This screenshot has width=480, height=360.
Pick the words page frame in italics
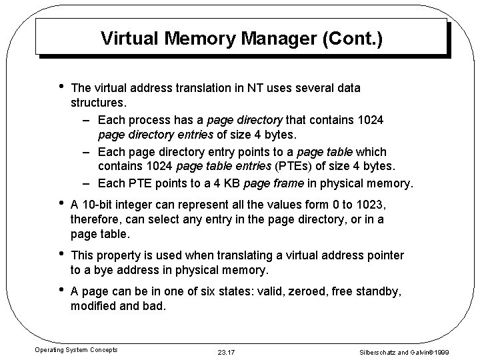tap(273, 182)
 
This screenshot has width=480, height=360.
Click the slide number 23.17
tap(227, 351)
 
